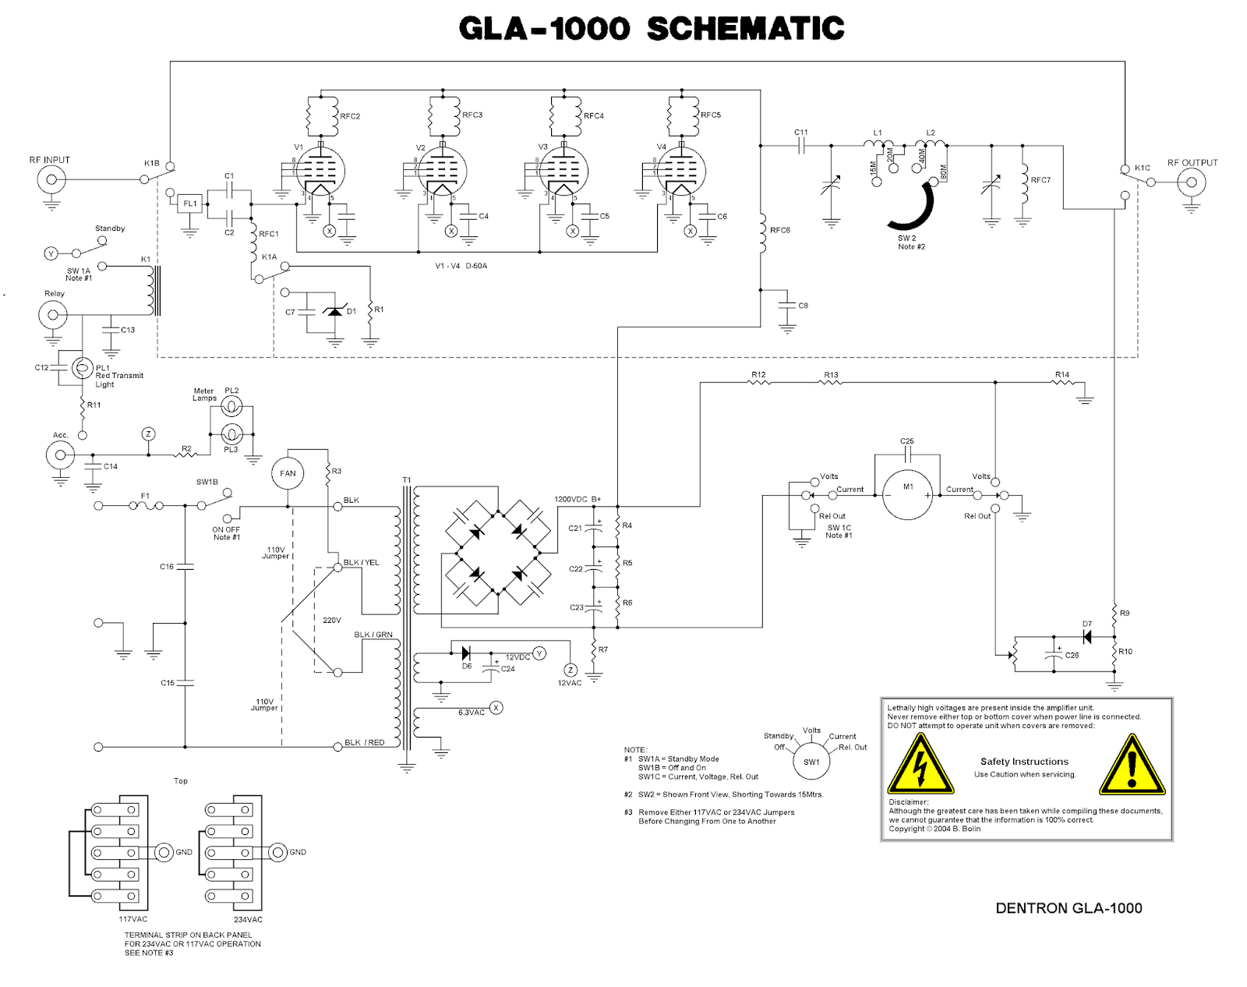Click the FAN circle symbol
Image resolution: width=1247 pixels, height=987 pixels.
click(288, 473)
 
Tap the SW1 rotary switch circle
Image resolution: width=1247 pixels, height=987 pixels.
click(811, 762)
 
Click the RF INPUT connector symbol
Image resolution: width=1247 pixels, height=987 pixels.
click(51, 179)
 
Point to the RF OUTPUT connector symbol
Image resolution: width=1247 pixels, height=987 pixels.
click(1192, 182)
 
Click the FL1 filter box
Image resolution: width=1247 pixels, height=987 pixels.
click(190, 203)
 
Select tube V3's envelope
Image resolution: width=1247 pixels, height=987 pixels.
click(563, 171)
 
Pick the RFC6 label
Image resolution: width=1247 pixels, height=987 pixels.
click(780, 230)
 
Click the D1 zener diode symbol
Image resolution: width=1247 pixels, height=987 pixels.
click(335, 311)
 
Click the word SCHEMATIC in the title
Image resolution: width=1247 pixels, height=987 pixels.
click(746, 28)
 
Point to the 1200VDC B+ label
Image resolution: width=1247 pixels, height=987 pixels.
click(578, 499)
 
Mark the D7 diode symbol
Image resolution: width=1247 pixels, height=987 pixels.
click(1087, 637)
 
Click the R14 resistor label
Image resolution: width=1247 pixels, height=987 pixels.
click(1062, 374)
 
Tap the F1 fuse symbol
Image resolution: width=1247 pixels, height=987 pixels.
click(146, 506)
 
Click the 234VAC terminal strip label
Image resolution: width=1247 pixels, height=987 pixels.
click(248, 919)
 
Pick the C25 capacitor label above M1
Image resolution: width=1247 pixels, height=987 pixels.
click(907, 441)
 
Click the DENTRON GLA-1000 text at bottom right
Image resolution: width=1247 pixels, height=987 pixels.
click(1069, 908)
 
